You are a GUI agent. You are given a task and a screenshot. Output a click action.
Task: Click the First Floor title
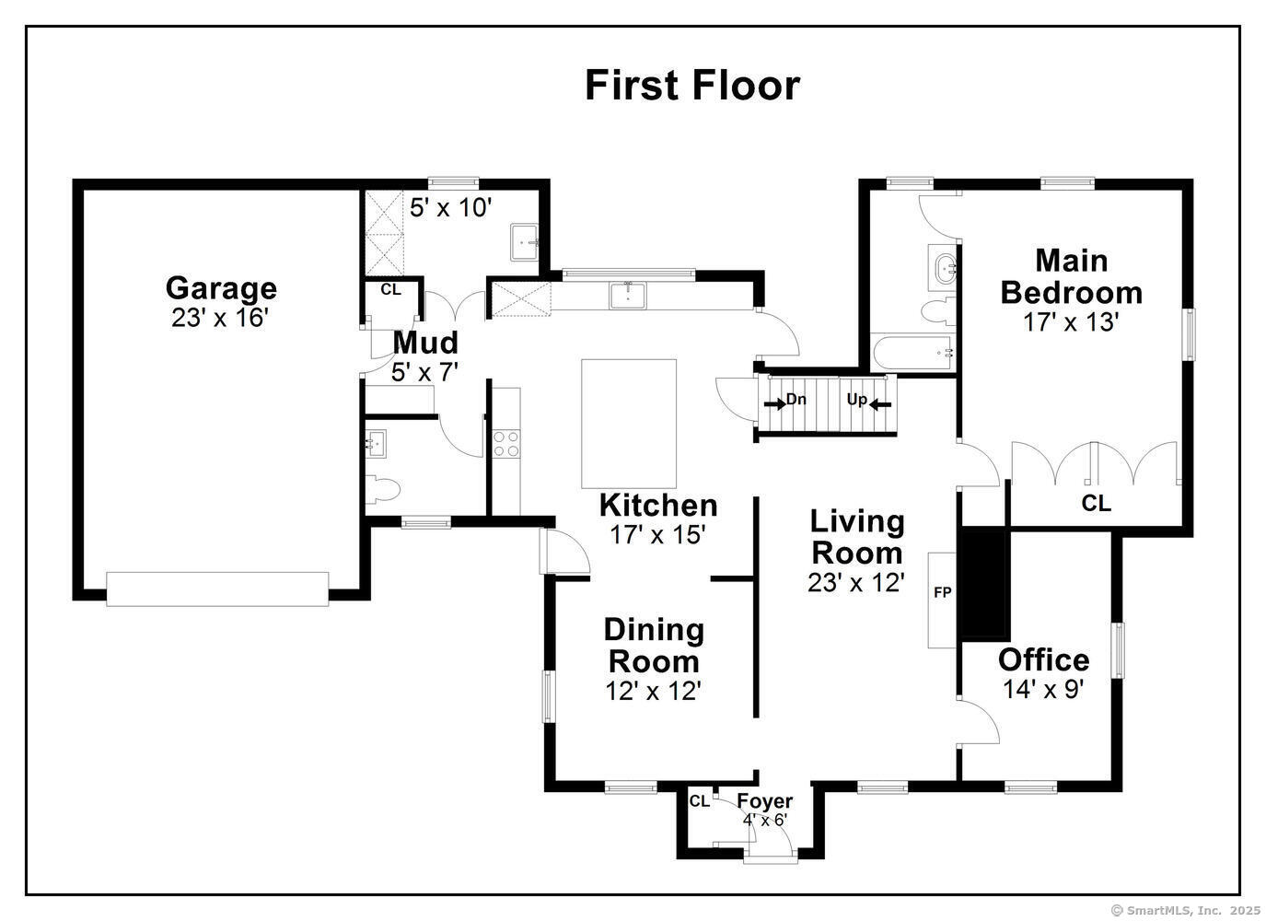691,86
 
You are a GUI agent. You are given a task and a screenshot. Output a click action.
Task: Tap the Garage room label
221,288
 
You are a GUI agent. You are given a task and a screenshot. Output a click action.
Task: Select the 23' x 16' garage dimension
219,318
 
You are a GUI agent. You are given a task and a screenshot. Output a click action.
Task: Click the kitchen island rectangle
629,424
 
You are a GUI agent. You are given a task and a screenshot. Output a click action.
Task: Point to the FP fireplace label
942,592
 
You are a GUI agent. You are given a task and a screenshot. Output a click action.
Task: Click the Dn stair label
796,399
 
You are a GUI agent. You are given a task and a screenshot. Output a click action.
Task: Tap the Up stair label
856,400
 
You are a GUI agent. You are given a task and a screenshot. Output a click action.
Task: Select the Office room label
1043,659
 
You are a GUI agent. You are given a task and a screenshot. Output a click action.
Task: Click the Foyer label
765,801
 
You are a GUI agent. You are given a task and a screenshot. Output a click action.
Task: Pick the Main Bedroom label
1071,276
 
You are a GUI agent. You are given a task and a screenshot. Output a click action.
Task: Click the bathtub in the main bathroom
912,353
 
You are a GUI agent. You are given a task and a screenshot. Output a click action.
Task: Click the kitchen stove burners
506,444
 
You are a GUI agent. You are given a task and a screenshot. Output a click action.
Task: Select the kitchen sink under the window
628,296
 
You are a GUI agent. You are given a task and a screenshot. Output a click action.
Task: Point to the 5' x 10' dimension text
450,208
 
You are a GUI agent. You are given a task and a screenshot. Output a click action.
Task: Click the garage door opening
217,589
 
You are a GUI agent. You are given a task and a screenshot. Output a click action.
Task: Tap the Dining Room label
654,646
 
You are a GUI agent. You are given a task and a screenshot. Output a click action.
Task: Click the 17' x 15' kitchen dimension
657,534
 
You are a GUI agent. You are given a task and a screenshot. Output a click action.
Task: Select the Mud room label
425,343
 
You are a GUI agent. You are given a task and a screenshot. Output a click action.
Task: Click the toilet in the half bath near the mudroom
383,490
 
